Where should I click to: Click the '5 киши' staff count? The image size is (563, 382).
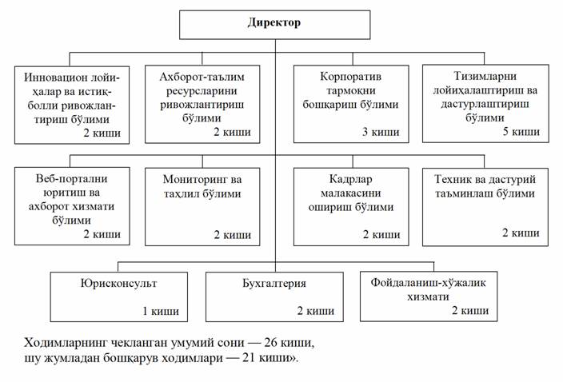520,131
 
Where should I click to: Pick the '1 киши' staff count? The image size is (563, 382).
160,311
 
